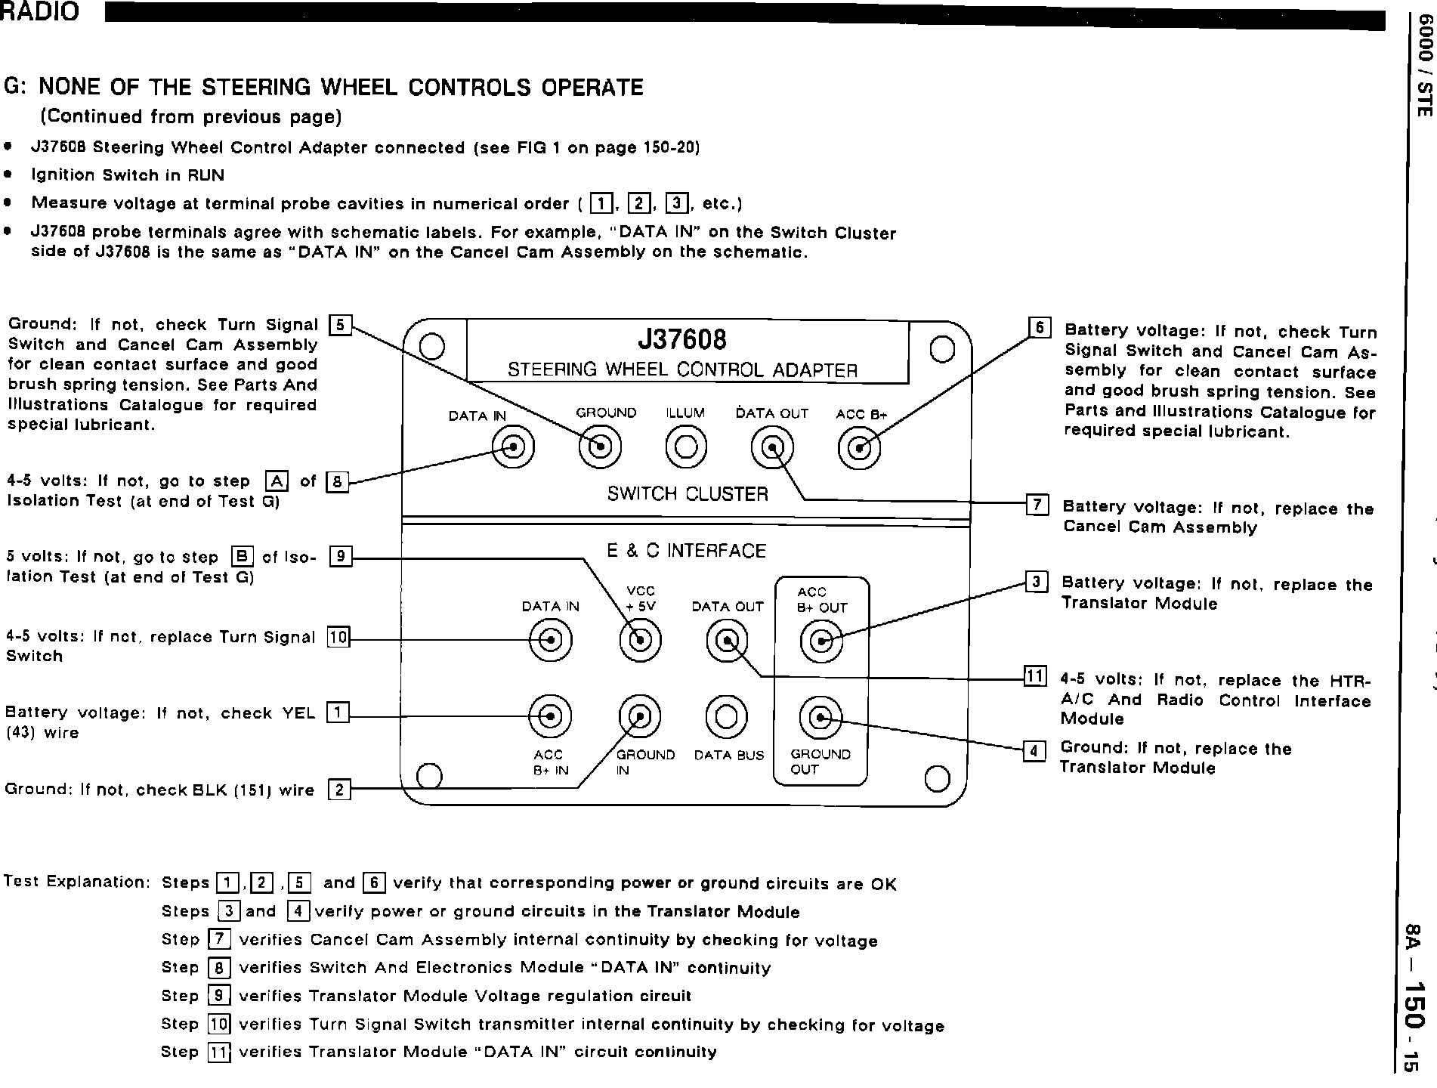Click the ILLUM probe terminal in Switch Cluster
pos(686,448)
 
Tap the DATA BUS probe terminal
pos(726,716)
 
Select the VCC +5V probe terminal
pos(640,641)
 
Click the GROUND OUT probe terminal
pos(820,716)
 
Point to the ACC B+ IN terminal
pos(550,716)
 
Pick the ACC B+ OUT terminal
pos(820,641)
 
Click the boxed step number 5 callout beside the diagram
pos(340,326)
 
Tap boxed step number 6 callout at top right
pos(1040,328)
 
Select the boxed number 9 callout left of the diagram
pos(341,557)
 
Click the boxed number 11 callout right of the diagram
pos(1034,675)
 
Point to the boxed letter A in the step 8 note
pos(277,481)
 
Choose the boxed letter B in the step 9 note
pos(242,557)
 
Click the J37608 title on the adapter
pos(682,339)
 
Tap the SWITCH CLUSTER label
pos(688,494)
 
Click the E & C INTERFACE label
pos(686,551)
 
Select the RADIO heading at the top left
pos(39,12)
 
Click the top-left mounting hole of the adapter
pos(431,346)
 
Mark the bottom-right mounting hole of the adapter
pos(937,777)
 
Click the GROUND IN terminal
pos(639,716)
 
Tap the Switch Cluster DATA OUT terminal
pos(772,448)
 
